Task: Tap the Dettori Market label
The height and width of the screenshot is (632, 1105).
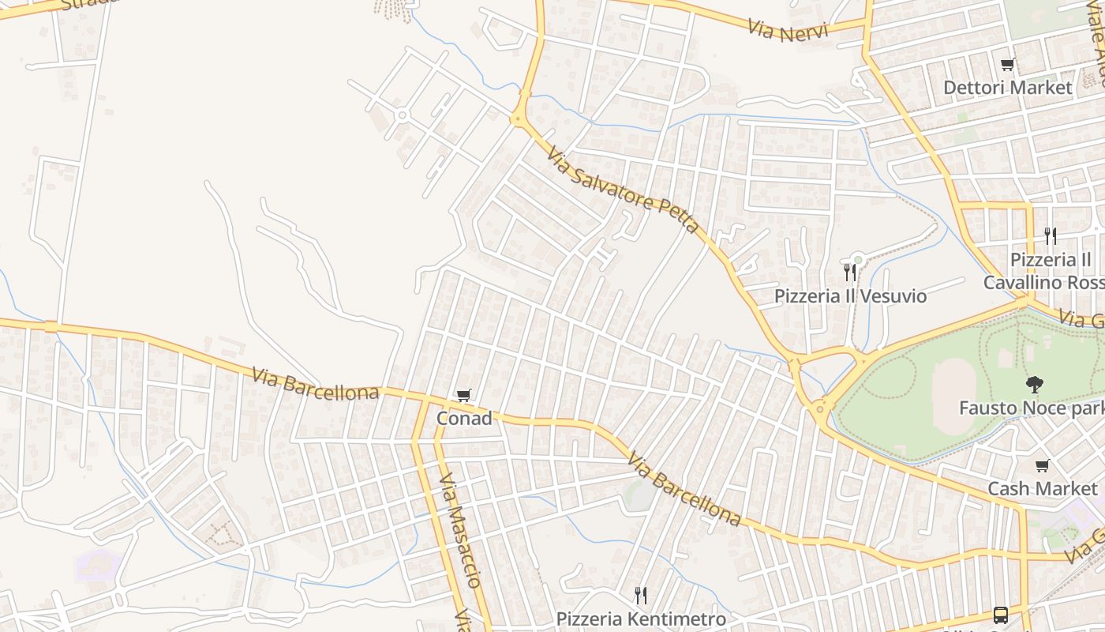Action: tap(1008, 87)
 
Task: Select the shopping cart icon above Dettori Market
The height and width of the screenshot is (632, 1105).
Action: tap(1007, 64)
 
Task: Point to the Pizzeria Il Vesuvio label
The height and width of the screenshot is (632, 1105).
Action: tap(850, 296)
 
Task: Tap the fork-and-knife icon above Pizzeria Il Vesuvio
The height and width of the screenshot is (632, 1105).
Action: tap(850, 273)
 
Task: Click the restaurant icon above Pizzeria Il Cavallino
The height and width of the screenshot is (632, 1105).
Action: tap(1050, 235)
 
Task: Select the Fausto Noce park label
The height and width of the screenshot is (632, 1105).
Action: tap(1031, 408)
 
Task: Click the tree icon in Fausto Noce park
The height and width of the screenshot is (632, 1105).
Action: tap(1033, 385)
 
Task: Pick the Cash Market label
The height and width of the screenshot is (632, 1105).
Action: tap(1042, 489)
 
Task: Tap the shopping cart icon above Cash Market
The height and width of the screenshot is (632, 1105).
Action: tap(1043, 465)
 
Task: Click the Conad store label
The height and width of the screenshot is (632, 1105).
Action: tap(464, 418)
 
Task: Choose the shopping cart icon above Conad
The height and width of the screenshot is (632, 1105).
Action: tap(463, 395)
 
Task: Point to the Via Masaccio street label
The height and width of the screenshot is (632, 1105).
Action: tap(459, 530)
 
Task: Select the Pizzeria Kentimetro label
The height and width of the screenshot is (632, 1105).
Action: tap(641, 619)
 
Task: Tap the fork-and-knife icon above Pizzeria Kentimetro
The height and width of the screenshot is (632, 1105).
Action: tap(641, 595)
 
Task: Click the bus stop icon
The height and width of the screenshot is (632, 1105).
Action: tap(1000, 615)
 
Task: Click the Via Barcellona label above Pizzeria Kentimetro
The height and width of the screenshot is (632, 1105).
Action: tap(684, 490)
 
